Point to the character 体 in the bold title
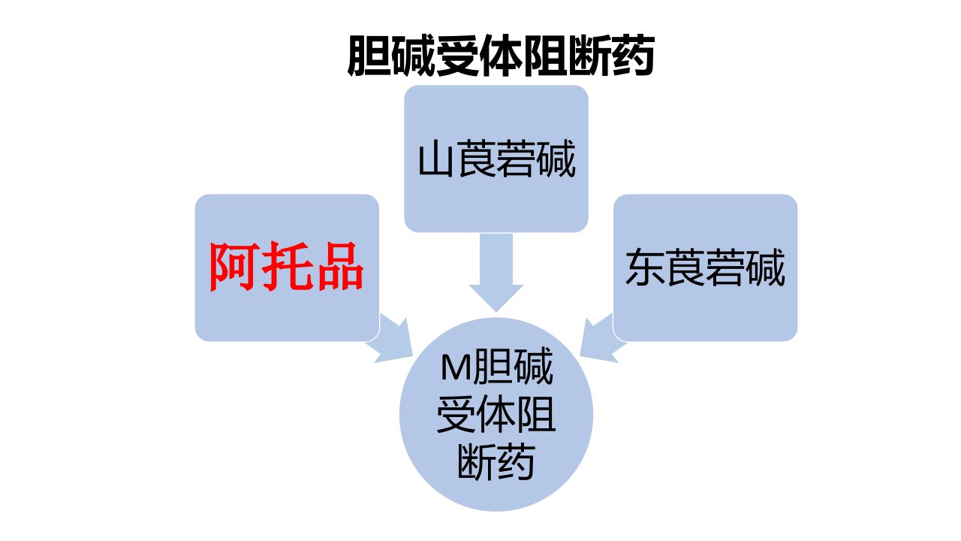click(x=502, y=56)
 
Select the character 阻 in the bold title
click(x=546, y=56)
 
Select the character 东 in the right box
click(x=645, y=267)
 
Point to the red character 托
click(x=287, y=267)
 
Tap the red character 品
click(x=339, y=267)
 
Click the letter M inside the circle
click(x=456, y=367)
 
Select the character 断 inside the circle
click(x=476, y=462)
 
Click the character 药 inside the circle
click(x=516, y=462)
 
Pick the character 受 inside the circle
click(x=456, y=414)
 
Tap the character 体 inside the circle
click(x=496, y=414)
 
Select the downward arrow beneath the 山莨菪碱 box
click(x=496, y=272)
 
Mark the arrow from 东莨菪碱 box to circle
click(x=600, y=339)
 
